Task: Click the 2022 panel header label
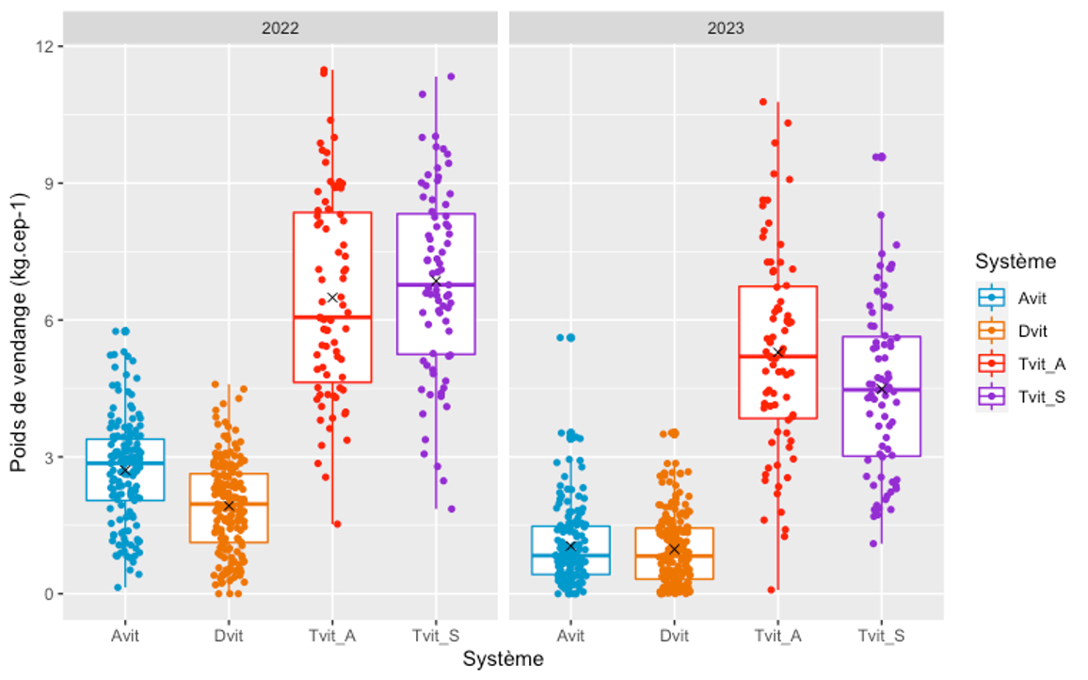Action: click(x=280, y=28)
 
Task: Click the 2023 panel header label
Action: click(x=726, y=28)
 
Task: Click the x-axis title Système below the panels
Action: click(x=503, y=659)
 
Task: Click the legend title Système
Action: click(x=1016, y=261)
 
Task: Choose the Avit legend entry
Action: click(x=1032, y=299)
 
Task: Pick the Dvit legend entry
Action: click(x=1032, y=332)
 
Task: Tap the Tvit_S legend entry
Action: click(x=1041, y=397)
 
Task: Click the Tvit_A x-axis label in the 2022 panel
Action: click(x=332, y=637)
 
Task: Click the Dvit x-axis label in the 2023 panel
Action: click(x=674, y=637)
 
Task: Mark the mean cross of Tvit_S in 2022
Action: click(x=436, y=282)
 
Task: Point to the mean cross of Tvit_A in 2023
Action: click(x=778, y=351)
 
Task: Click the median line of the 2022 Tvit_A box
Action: click(x=332, y=317)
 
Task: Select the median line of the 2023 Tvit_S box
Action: click(x=882, y=389)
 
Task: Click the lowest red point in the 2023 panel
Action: click(x=772, y=590)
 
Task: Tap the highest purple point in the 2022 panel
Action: click(x=451, y=76)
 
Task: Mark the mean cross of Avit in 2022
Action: click(x=124, y=470)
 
